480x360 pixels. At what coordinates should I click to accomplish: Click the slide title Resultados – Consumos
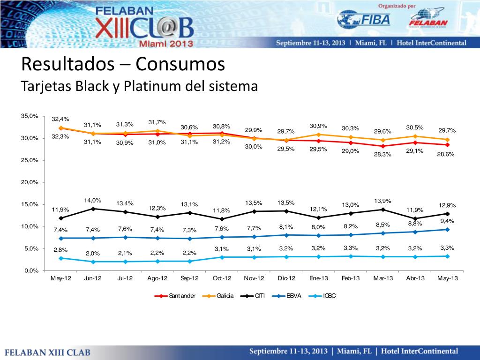coord(123,64)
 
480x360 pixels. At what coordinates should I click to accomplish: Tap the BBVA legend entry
coord(294,296)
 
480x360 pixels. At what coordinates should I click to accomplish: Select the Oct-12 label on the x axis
coord(222,278)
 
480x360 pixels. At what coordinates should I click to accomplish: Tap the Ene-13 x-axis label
coord(319,278)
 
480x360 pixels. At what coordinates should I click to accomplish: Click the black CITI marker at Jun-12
coord(93,209)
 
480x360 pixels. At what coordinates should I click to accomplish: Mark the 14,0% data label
coord(92,201)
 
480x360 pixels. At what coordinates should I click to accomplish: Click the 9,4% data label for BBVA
coord(447,221)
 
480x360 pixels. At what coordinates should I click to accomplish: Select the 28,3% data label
coord(383,155)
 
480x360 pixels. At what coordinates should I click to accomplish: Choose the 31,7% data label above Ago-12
coord(157,123)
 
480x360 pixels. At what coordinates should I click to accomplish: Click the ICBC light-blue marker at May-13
coord(448,256)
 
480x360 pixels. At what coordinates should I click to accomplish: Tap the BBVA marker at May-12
coord(61,238)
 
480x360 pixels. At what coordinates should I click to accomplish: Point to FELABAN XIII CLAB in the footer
coord(48,352)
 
